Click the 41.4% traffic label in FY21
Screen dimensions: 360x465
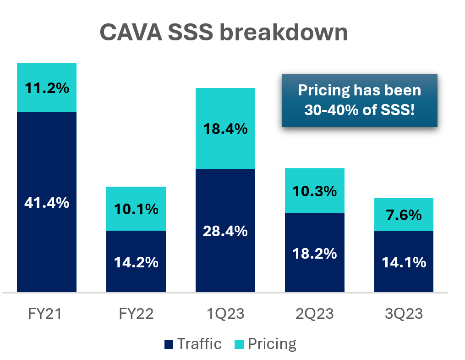point(47,202)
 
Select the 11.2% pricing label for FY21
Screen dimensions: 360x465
point(47,88)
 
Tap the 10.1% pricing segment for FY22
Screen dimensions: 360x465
point(136,209)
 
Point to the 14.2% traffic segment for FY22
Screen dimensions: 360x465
point(136,262)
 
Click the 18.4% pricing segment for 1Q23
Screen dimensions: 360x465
point(225,129)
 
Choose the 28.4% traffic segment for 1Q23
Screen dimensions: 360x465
point(225,231)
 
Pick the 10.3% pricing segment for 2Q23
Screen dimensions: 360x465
point(315,191)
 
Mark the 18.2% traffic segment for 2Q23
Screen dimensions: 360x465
point(315,253)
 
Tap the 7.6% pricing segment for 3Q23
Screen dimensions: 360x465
point(404,215)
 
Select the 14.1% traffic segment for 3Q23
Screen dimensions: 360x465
point(404,262)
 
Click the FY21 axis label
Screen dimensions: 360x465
point(47,315)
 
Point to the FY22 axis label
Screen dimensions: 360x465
point(136,315)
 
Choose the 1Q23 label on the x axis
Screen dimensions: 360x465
point(225,315)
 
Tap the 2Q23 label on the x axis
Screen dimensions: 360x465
point(315,315)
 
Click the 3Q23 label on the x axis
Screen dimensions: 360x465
point(404,315)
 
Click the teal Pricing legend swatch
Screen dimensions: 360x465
point(239,344)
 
